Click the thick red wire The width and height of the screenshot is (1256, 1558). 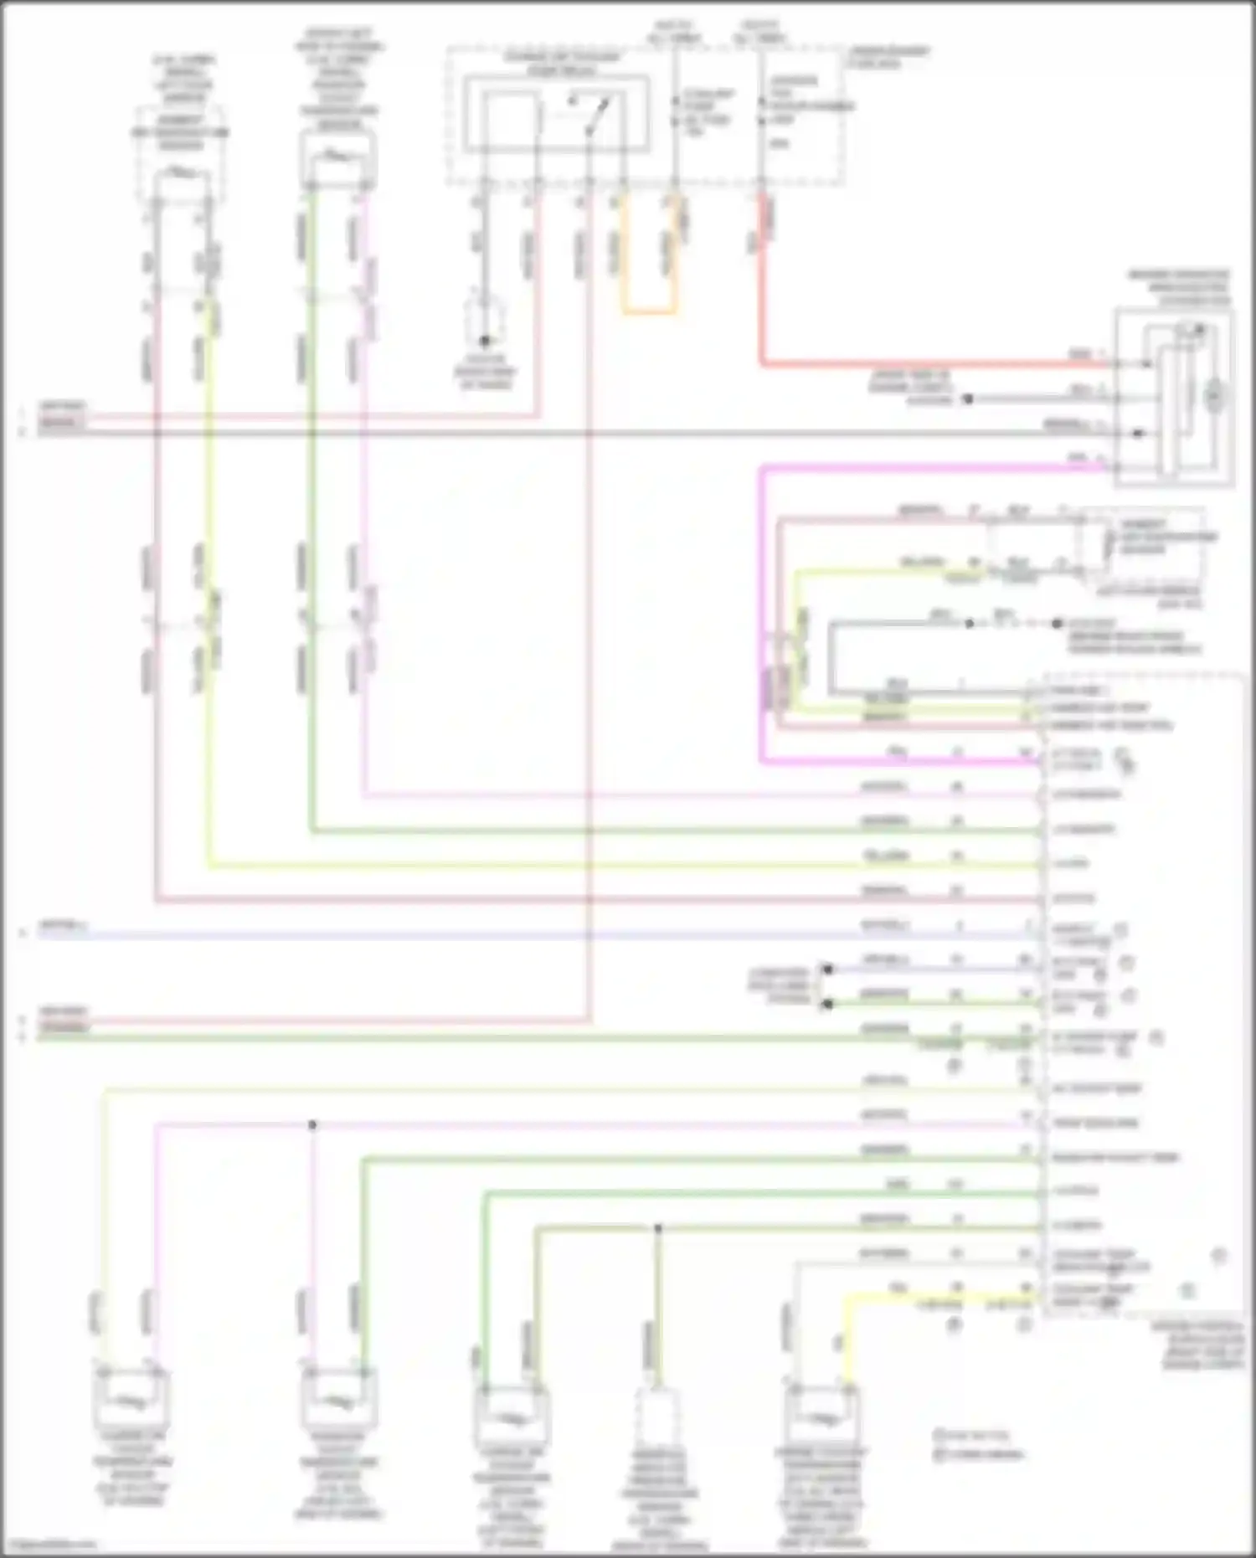(921, 364)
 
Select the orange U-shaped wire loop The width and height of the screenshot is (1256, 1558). (649, 312)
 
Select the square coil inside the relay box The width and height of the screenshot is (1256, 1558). (511, 121)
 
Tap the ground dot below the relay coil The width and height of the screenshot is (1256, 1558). (484, 341)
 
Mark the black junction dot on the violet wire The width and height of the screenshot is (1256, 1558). (312, 1124)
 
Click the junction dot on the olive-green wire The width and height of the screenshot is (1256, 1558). (657, 1228)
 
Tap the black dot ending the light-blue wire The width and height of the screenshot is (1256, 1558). (827, 969)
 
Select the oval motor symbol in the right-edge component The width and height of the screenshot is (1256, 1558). (1213, 397)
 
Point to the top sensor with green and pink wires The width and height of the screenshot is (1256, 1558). (337, 159)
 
